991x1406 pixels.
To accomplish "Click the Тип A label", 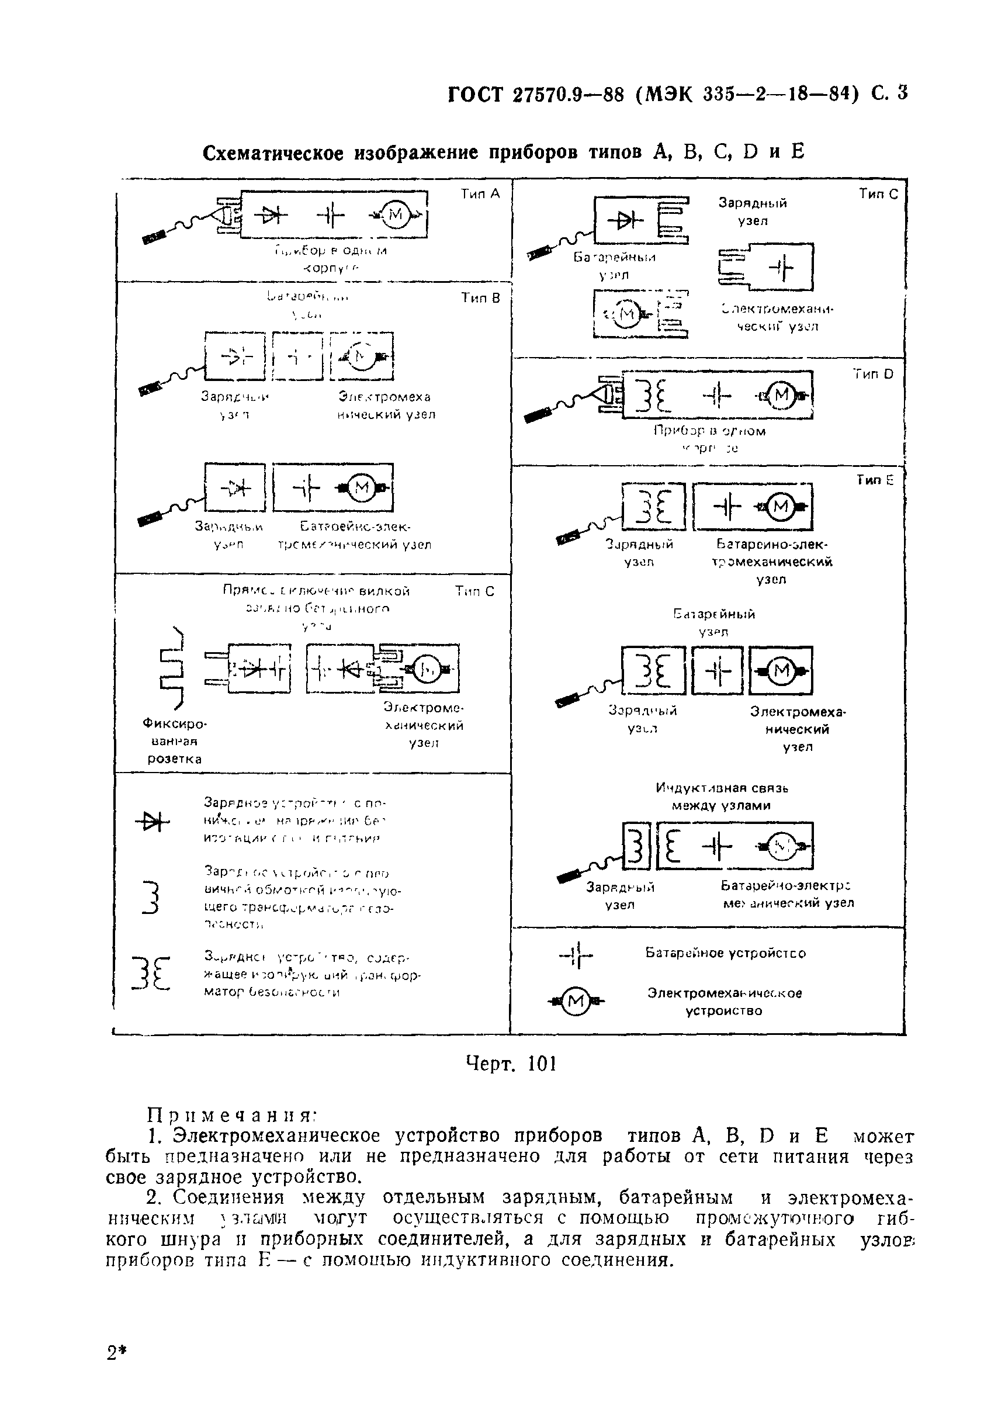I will pos(480,194).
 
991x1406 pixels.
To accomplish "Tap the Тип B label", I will pos(480,298).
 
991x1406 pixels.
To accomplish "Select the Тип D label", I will pos(874,374).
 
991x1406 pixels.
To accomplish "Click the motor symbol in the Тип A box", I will pos(396,214).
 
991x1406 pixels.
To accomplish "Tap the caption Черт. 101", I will pos(511,1064).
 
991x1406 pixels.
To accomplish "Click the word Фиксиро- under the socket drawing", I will pos(175,724).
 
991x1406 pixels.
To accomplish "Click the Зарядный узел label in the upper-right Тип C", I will pos(752,212).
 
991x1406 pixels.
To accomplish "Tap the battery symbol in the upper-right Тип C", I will pos(780,268).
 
